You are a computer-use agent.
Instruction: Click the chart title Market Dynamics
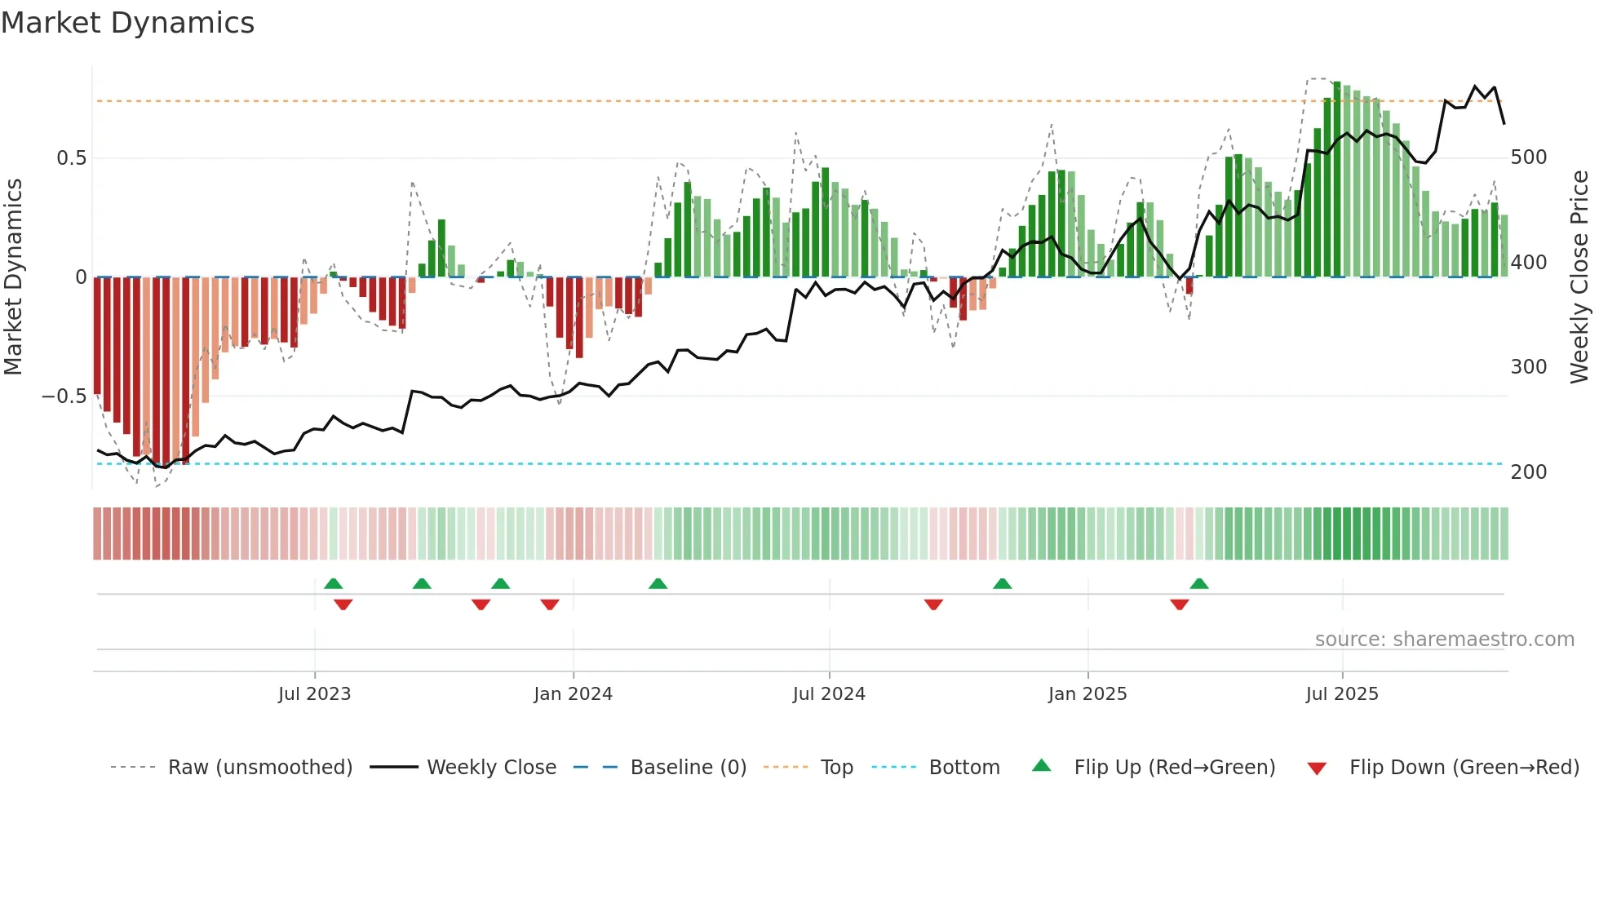[128, 23]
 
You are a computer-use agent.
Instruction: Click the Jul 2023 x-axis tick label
[314, 694]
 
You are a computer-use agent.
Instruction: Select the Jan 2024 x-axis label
[573, 694]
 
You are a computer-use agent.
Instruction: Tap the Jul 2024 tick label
[829, 694]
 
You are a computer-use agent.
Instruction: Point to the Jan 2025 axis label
[1087, 694]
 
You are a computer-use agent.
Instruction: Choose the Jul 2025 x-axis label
[1342, 694]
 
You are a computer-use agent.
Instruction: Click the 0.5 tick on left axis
[72, 158]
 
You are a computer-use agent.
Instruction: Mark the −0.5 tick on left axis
[64, 396]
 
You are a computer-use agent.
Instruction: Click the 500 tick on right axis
[1529, 157]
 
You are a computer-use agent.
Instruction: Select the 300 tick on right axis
[1529, 367]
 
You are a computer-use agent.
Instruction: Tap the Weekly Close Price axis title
[1579, 277]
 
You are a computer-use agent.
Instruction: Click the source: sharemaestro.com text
[1444, 640]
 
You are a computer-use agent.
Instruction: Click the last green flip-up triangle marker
[1198, 584]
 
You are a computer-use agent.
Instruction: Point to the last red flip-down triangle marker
[1179, 604]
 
